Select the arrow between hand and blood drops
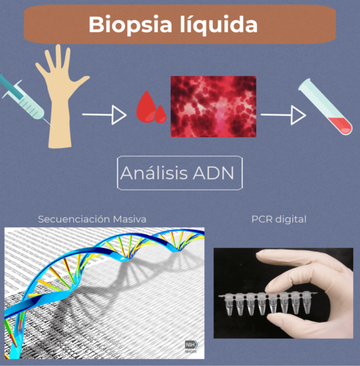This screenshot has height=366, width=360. pyautogui.click(x=104, y=115)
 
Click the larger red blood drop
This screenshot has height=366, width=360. pyautogui.click(x=144, y=108)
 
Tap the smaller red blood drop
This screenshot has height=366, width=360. pyautogui.click(x=161, y=114)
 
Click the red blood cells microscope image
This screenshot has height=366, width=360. pyautogui.click(x=213, y=106)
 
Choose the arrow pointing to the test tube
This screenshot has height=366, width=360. pyautogui.click(x=283, y=115)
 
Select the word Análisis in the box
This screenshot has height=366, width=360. pyautogui.click(x=153, y=175)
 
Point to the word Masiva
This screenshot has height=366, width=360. pyautogui.click(x=129, y=219)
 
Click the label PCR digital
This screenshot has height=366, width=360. pyautogui.click(x=278, y=219)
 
